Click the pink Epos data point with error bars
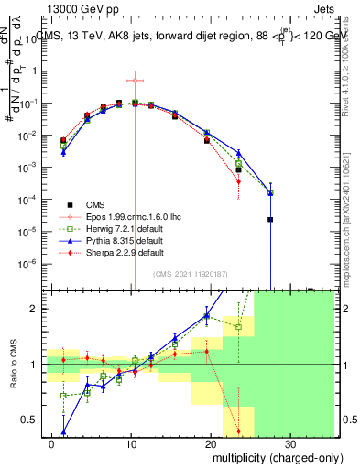pyautogui.click(x=135, y=81)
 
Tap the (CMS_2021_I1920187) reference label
pyautogui.click(x=191, y=275)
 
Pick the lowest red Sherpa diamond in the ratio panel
pyautogui.click(x=238, y=431)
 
